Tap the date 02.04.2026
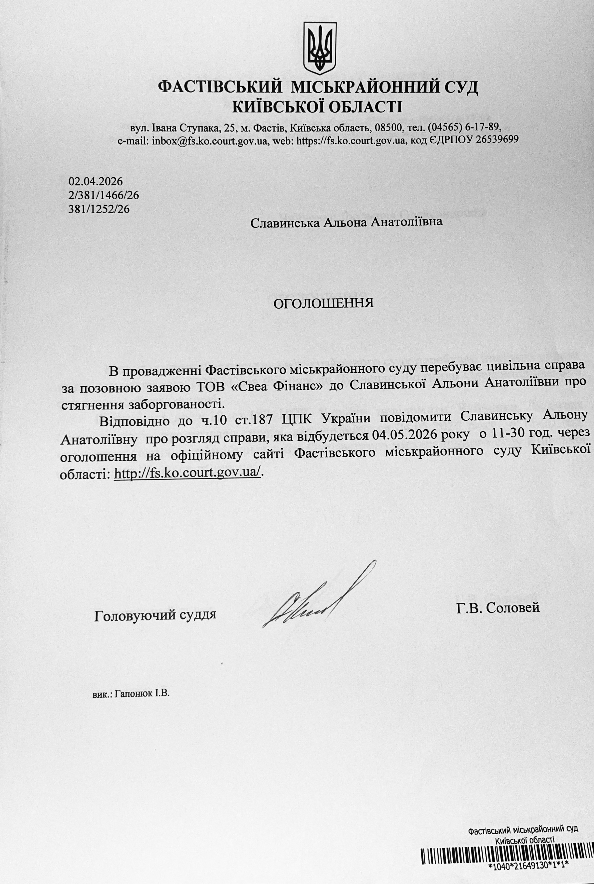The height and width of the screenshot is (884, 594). pyautogui.click(x=96, y=181)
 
